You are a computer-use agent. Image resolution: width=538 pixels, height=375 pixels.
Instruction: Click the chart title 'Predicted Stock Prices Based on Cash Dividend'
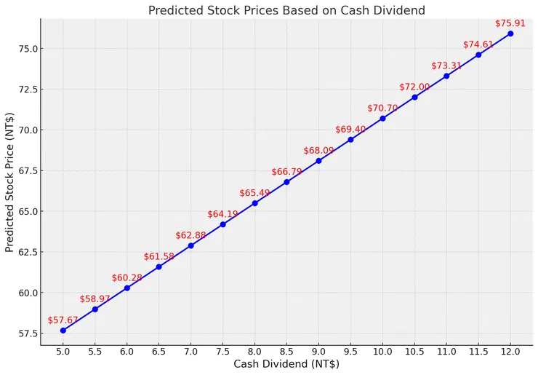click(286, 10)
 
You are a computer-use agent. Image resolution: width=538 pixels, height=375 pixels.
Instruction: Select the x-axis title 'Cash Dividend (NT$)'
click(286, 364)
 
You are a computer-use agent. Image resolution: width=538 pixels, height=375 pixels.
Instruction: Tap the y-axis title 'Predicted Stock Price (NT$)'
click(9, 182)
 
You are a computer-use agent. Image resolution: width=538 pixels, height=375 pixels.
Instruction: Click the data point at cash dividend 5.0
click(63, 330)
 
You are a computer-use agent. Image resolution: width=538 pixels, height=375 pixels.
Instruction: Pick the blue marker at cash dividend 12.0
click(510, 33)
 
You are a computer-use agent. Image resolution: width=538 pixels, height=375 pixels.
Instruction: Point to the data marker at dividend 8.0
click(254, 203)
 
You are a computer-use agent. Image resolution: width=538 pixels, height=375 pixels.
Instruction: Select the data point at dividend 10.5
click(414, 97)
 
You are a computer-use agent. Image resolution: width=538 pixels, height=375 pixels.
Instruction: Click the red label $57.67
click(63, 320)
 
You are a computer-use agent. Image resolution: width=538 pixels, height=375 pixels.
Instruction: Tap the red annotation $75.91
click(510, 23)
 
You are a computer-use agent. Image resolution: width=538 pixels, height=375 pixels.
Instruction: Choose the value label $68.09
click(318, 151)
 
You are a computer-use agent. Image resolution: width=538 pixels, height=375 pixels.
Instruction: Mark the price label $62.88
click(190, 235)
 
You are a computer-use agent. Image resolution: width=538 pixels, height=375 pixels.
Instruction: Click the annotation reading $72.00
click(414, 87)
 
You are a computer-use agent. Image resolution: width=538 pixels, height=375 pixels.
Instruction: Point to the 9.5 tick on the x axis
click(350, 351)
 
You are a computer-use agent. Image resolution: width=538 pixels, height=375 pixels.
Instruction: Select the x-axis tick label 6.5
click(158, 351)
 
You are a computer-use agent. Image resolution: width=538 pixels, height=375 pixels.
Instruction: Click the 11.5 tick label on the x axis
click(478, 351)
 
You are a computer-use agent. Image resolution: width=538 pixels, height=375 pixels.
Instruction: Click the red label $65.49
click(254, 193)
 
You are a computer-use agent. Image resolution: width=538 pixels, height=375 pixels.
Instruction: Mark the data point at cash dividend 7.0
click(190, 245)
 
